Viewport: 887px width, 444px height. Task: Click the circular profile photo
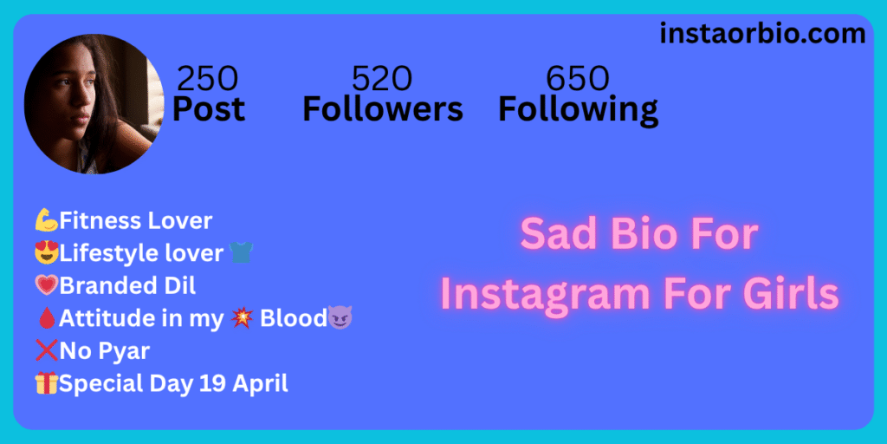pos(94,104)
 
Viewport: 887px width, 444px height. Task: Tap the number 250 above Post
pos(208,79)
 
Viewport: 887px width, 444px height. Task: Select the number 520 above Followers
pos(382,79)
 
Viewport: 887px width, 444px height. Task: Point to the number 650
pos(578,79)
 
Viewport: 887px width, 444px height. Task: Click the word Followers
pos(383,108)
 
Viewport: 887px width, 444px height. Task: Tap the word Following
pos(578,110)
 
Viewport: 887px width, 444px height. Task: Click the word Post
pos(209,108)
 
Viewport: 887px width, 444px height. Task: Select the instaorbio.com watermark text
pos(762,34)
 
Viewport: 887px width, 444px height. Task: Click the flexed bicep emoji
pos(47,220)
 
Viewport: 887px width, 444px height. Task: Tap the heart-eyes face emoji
pos(47,253)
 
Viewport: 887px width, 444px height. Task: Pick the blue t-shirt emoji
pos(241,252)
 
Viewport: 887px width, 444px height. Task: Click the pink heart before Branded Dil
pos(47,286)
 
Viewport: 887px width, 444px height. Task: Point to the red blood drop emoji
pos(47,319)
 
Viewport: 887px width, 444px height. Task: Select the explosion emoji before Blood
pos(242,318)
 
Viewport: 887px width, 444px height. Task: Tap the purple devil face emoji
pos(340,318)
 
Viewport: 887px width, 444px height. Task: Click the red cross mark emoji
pos(47,351)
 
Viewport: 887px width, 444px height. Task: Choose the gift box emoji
pos(47,384)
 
